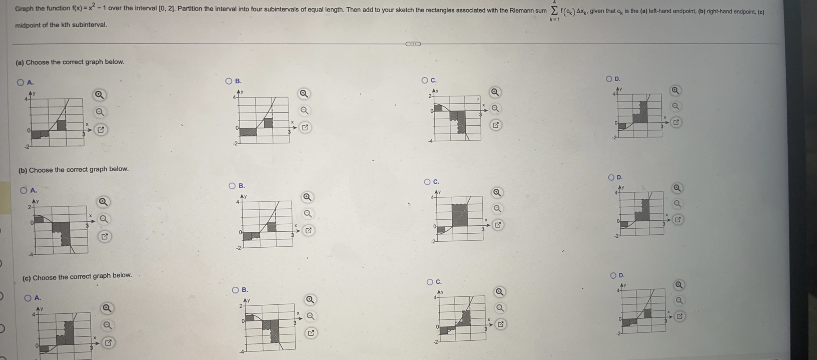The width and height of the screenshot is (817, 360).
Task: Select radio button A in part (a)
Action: pos(20,82)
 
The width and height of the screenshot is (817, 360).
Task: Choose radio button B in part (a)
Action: pos(229,81)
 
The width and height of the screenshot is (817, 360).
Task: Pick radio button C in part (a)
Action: pos(424,80)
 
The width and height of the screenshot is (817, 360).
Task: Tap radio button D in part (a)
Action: pos(609,79)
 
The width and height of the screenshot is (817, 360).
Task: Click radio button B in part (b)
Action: pos(232,186)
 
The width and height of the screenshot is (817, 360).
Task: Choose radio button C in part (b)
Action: pos(427,182)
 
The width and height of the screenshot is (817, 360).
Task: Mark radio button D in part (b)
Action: pos(611,177)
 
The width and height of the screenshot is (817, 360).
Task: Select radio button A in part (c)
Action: pos(28,298)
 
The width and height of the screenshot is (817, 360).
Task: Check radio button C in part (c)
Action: pos(430,282)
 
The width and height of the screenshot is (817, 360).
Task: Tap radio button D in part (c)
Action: pos(613,275)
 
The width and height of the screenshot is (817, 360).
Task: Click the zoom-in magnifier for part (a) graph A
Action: pos(99,95)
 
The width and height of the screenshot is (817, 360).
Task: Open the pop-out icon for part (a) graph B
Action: pos(305,128)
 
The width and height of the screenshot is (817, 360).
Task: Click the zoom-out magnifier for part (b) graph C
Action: pos(497,209)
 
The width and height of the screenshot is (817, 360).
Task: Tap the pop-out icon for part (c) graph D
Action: pos(679,317)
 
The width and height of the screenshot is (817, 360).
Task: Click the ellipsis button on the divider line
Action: pos(413,44)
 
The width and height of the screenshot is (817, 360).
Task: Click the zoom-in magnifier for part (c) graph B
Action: pos(310,300)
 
